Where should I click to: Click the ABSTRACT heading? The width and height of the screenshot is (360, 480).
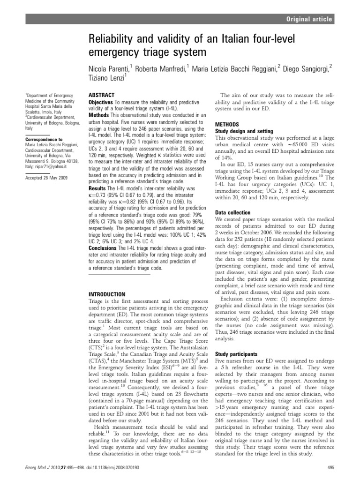pyautogui.click(x=102, y=94)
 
